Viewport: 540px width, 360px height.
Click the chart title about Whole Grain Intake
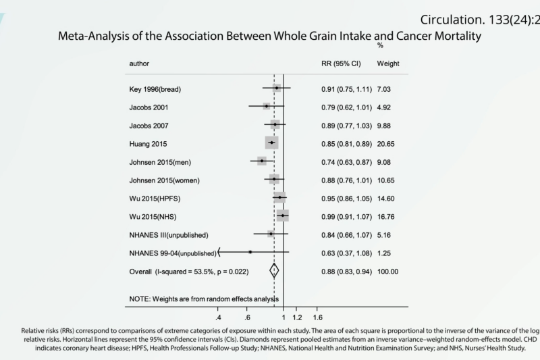tap(270, 36)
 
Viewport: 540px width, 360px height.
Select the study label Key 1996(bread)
tap(155, 89)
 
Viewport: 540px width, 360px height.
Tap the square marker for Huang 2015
tap(271, 143)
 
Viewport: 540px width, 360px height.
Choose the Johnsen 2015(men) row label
tap(160, 162)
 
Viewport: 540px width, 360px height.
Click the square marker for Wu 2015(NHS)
tap(282, 216)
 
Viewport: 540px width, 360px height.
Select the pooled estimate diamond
tap(274, 271)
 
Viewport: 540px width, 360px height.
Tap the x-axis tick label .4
tap(218, 317)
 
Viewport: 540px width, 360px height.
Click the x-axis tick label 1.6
tap(318, 317)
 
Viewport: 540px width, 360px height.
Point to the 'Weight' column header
tap(387, 63)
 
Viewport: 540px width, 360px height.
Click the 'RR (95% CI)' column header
tap(344, 63)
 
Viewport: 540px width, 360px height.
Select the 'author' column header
tap(139, 63)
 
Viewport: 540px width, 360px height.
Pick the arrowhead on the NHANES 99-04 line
tap(220, 253)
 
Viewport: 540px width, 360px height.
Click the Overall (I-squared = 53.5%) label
tap(190, 272)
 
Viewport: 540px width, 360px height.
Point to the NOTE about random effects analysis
tap(205, 299)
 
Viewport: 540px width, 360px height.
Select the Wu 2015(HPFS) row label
tap(155, 199)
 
